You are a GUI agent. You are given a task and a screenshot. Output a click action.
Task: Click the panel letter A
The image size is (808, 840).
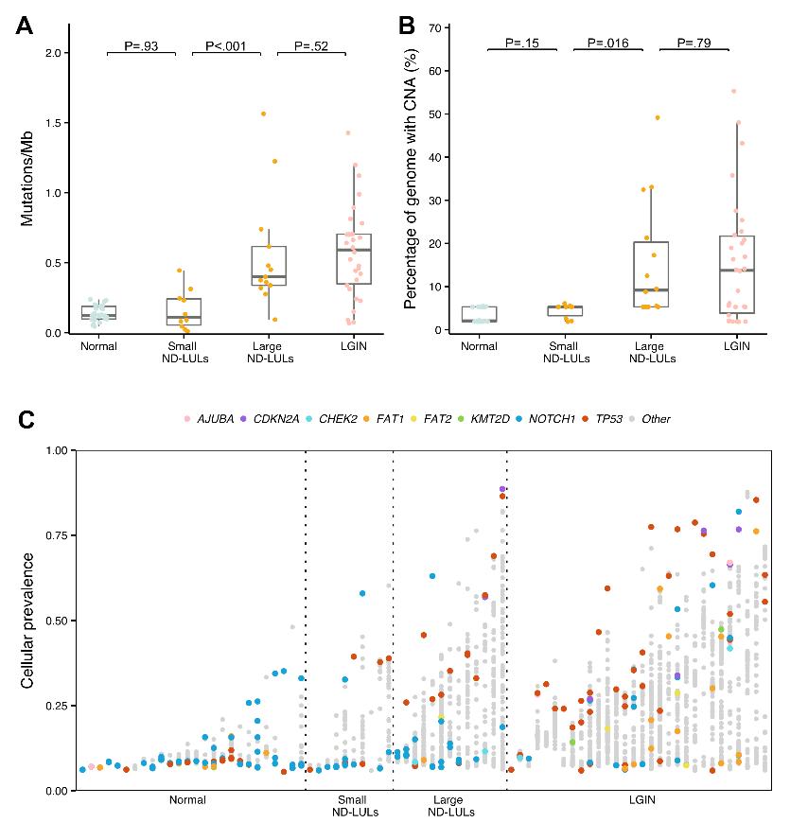coord(25,26)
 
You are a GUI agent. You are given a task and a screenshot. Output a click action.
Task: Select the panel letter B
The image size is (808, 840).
coord(408,26)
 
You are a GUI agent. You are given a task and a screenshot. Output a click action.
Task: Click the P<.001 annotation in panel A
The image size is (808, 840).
coord(226,44)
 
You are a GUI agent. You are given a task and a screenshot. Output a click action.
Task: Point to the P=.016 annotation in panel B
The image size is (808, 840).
coord(607,43)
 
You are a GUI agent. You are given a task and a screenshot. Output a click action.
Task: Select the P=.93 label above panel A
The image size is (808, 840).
coord(141,44)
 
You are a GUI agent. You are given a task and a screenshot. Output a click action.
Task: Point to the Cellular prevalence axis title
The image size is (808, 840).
coord(27,621)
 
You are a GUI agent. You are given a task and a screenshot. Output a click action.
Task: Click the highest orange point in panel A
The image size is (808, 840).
coord(263,114)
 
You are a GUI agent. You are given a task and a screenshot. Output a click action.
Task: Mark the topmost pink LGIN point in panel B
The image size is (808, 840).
coord(733,92)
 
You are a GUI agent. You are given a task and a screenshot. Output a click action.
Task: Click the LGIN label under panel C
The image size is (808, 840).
coord(642,800)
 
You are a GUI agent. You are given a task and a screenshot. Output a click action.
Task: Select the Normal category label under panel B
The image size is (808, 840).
coord(480,346)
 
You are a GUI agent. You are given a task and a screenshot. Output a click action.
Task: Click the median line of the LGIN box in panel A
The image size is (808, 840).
coord(354,250)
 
